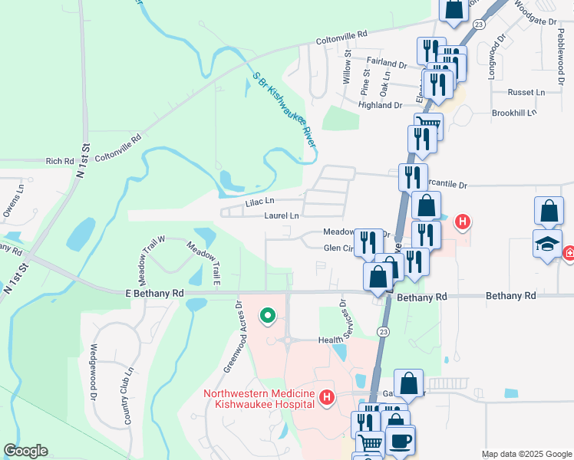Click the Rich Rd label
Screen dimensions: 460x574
tap(59, 161)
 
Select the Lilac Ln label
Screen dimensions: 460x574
tap(259, 202)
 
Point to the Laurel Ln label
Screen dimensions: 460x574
tap(281, 216)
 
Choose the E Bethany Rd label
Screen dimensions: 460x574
tap(155, 293)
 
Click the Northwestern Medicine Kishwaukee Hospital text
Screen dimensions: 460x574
tap(259, 399)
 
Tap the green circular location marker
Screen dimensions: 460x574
tap(268, 315)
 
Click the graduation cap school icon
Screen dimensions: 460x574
tap(546, 245)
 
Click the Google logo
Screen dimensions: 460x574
tap(25, 451)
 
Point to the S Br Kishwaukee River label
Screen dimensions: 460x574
tap(285, 110)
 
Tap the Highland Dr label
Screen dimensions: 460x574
tap(381, 105)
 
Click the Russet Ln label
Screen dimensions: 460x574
tap(526, 92)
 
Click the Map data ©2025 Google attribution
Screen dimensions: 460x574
tap(526, 454)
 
